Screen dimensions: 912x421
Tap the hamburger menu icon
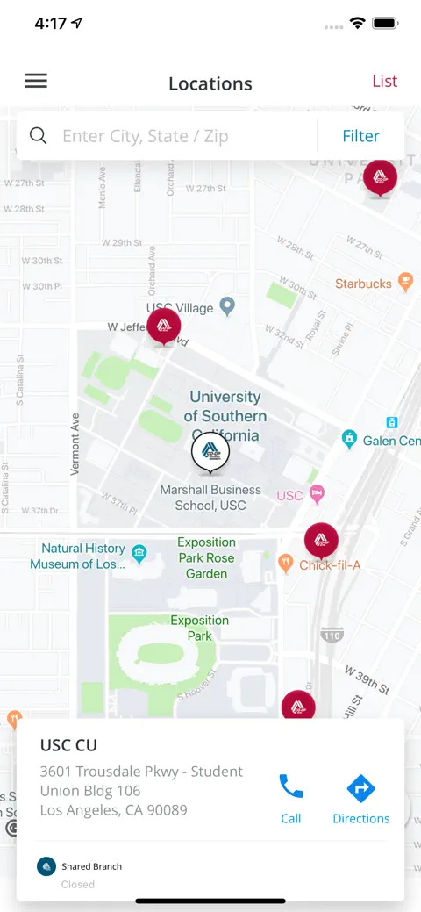tap(36, 82)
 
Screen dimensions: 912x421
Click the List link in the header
tap(384, 82)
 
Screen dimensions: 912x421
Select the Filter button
tap(360, 136)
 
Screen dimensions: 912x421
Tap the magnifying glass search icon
tap(38, 135)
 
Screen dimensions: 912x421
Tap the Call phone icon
tap(291, 787)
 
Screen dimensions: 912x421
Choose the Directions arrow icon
tap(360, 788)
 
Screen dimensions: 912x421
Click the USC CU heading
tap(68, 745)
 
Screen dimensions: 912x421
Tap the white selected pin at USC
tap(210, 451)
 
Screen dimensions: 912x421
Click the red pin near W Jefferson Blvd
tap(164, 326)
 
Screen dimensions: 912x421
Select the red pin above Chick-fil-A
tap(321, 540)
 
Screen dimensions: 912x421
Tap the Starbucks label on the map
tap(363, 284)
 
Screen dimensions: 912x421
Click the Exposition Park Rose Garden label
tap(206, 557)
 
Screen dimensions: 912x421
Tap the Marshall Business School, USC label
tap(210, 498)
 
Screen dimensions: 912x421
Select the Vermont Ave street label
tap(75, 444)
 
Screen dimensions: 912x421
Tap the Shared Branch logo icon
tap(46, 866)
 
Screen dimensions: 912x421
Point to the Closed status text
tap(78, 884)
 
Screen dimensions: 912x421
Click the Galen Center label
tap(390, 440)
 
